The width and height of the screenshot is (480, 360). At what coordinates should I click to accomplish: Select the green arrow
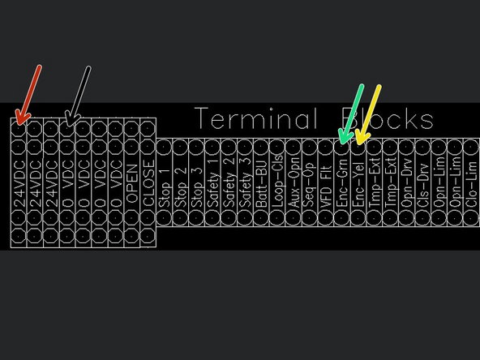(x=352, y=114)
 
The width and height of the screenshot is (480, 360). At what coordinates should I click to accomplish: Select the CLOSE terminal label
(x=148, y=186)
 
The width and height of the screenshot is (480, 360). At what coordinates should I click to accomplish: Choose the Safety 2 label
(x=229, y=185)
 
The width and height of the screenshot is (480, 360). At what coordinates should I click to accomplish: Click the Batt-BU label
(x=261, y=186)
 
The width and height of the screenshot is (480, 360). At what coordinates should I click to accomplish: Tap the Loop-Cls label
(x=277, y=184)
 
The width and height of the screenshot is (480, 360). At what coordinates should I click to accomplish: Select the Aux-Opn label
(x=294, y=186)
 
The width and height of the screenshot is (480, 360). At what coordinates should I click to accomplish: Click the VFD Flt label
(x=326, y=186)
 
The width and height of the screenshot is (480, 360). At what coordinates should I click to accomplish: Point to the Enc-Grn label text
(x=342, y=186)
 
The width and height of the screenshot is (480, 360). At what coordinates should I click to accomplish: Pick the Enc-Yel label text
(x=358, y=186)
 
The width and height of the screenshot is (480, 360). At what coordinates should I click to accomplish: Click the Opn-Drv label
(x=406, y=186)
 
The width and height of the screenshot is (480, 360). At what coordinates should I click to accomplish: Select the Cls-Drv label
(x=422, y=186)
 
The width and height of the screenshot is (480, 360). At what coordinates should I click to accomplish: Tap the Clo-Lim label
(x=471, y=186)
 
